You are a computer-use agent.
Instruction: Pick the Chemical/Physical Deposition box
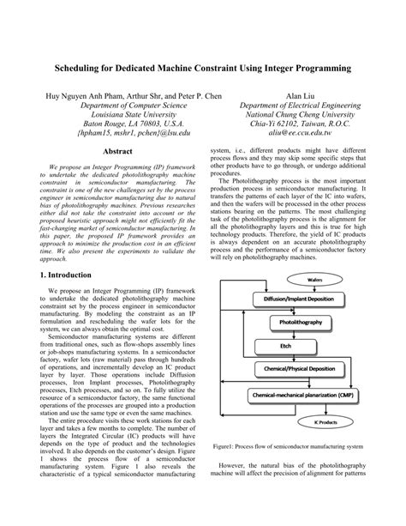(300, 367)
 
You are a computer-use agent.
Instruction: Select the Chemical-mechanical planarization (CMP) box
(300, 396)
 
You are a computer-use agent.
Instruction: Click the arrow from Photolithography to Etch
(300, 335)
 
